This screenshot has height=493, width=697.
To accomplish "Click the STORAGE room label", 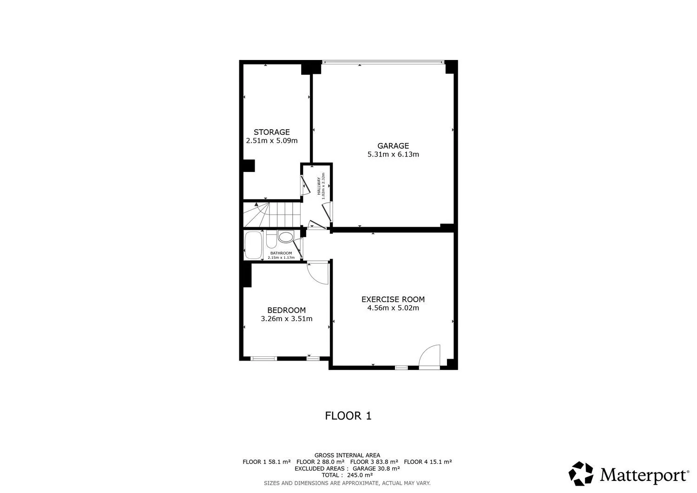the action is point(272,132).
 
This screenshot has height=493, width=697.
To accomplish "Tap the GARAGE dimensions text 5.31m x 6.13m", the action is point(393,154).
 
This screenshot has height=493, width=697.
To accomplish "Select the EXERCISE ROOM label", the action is point(393,299).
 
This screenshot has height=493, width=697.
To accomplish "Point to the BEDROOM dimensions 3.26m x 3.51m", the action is point(287,318).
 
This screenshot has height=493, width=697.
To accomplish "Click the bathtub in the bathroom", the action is point(253,245).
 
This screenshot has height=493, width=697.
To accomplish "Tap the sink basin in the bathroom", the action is point(286,237).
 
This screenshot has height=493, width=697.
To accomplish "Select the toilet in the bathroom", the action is point(271,239).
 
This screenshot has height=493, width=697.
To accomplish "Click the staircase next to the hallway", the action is point(272,215).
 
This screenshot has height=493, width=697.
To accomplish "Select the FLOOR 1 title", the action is point(348,416).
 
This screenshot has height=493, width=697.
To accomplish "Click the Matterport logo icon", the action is point(581,473).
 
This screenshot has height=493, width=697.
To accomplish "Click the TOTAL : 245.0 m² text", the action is point(347,475).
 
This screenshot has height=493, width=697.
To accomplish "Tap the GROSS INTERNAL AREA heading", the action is point(347,455).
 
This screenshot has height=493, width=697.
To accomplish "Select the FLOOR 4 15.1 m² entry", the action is point(428,462).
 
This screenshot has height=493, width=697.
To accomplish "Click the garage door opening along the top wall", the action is point(383,62).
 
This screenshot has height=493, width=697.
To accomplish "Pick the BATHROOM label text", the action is point(281,253).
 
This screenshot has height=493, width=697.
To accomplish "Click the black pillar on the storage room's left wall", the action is point(249,165).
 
